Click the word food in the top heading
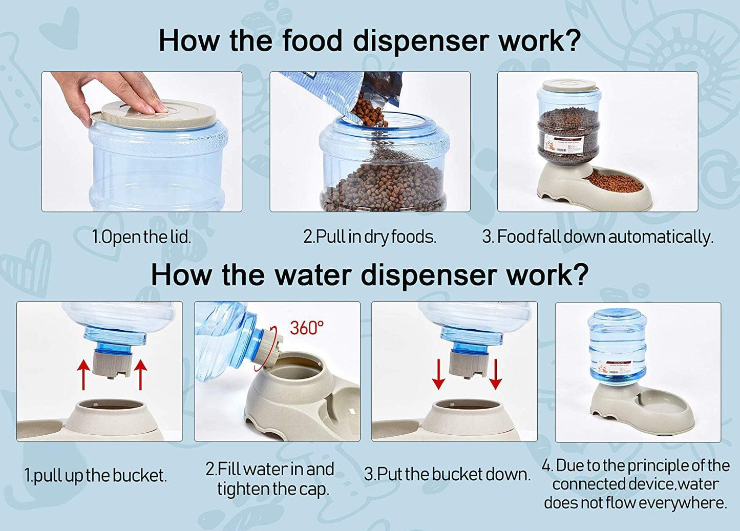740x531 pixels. [312, 40]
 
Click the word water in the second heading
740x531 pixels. [313, 275]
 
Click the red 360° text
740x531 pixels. [307, 328]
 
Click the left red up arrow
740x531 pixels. [83, 375]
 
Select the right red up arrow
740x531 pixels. [141, 375]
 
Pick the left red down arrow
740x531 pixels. [438, 374]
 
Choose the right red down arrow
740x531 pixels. [496, 374]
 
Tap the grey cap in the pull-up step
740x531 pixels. [112, 365]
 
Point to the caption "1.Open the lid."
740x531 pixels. [142, 237]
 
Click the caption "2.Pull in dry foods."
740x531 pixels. [370, 237]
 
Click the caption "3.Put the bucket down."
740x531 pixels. [447, 475]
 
